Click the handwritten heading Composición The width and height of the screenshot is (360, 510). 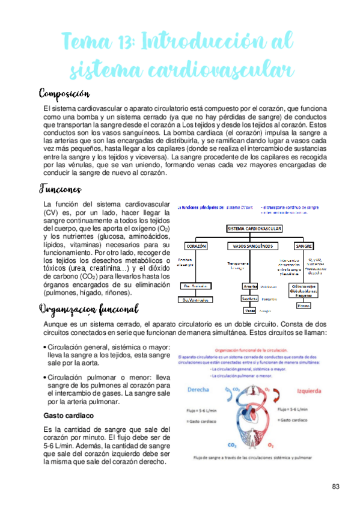coord(64,93)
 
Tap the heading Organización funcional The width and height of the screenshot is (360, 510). coord(88,309)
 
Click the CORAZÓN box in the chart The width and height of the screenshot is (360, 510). coord(197,246)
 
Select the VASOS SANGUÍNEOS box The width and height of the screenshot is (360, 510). coord(252,246)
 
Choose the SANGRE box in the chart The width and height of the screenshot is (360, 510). coord(307,246)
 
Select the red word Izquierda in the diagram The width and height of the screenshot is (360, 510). coord(311,389)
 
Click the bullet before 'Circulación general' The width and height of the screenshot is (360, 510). coord(46,347)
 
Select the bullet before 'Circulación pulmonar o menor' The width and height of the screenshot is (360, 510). coord(46,378)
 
